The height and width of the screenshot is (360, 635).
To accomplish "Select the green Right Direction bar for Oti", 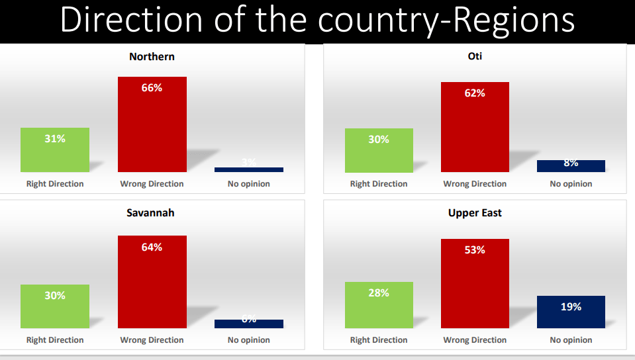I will click(379, 150).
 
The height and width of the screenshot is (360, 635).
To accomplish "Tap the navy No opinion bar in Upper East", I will click(571, 312).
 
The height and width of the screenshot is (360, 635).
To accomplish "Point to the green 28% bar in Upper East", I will click(379, 305).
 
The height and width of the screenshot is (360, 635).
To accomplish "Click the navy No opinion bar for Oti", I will click(571, 166).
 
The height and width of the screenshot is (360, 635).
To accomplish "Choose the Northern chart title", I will click(152, 57).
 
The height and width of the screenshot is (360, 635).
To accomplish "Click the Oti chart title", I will click(475, 56).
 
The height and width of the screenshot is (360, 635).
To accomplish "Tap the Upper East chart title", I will click(475, 213).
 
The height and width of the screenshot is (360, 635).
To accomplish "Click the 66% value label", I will click(152, 88).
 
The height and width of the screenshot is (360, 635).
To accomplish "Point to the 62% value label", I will click(475, 93).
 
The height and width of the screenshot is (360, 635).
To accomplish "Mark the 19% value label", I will click(571, 306).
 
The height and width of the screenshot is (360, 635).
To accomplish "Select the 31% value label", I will click(55, 139).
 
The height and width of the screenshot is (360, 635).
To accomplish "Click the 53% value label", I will click(475, 250).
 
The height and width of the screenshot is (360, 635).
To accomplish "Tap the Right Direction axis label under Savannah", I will click(55, 340).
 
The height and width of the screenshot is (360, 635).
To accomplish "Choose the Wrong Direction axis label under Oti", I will click(475, 184).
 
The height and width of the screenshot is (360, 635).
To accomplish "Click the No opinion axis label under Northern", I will click(249, 184).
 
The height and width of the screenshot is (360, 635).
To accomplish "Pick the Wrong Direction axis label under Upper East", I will click(475, 340).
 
